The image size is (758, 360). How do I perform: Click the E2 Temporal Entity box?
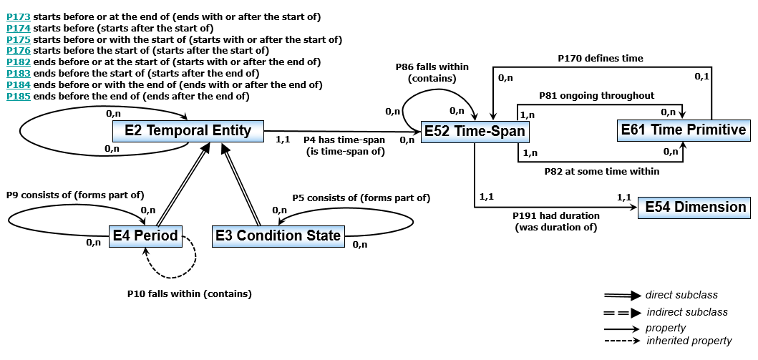tap(188, 130)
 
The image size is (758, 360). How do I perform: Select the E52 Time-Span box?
tap(474, 131)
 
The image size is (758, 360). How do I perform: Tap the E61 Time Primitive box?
tap(683, 130)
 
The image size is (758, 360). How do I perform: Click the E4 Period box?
tap(145, 235)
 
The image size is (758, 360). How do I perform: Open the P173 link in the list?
tap(18, 16)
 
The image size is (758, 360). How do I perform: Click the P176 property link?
tap(18, 50)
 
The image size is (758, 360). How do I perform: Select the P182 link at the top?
tap(18, 62)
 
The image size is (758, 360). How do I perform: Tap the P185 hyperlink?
tap(18, 96)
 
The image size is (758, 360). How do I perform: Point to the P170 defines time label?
tap(601, 58)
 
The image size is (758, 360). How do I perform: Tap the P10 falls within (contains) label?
tap(189, 293)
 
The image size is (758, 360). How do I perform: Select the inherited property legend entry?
tap(689, 341)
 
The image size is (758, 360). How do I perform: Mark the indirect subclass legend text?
tap(686, 311)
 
